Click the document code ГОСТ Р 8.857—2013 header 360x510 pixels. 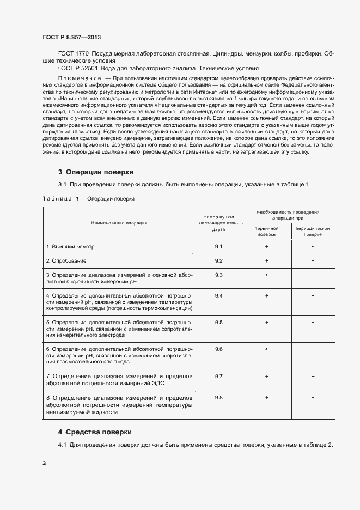(x=71, y=37)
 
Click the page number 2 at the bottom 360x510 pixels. (x=44, y=463)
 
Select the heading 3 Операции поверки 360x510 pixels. (x=95, y=172)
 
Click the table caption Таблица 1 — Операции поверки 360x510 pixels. (x=88, y=199)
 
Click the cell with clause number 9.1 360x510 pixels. (x=219, y=247)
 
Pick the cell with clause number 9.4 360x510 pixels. (x=219, y=295)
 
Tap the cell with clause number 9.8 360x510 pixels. (x=219, y=398)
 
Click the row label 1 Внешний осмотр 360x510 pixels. (x=70, y=247)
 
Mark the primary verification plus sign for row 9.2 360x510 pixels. (x=266, y=261)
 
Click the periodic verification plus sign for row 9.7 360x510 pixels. (x=313, y=377)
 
